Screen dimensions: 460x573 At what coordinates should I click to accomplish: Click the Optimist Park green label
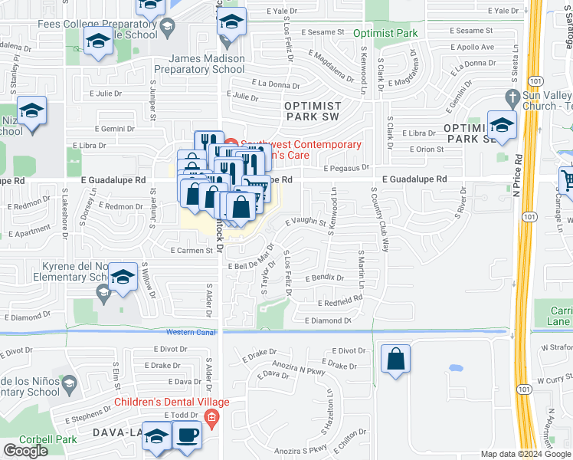[385, 34]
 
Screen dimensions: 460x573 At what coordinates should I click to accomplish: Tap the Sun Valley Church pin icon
[513, 97]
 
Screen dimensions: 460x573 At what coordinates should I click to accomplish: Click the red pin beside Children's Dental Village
[212, 418]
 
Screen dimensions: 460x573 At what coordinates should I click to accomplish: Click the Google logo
[25, 451]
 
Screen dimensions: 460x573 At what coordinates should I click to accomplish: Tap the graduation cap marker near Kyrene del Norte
[122, 277]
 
